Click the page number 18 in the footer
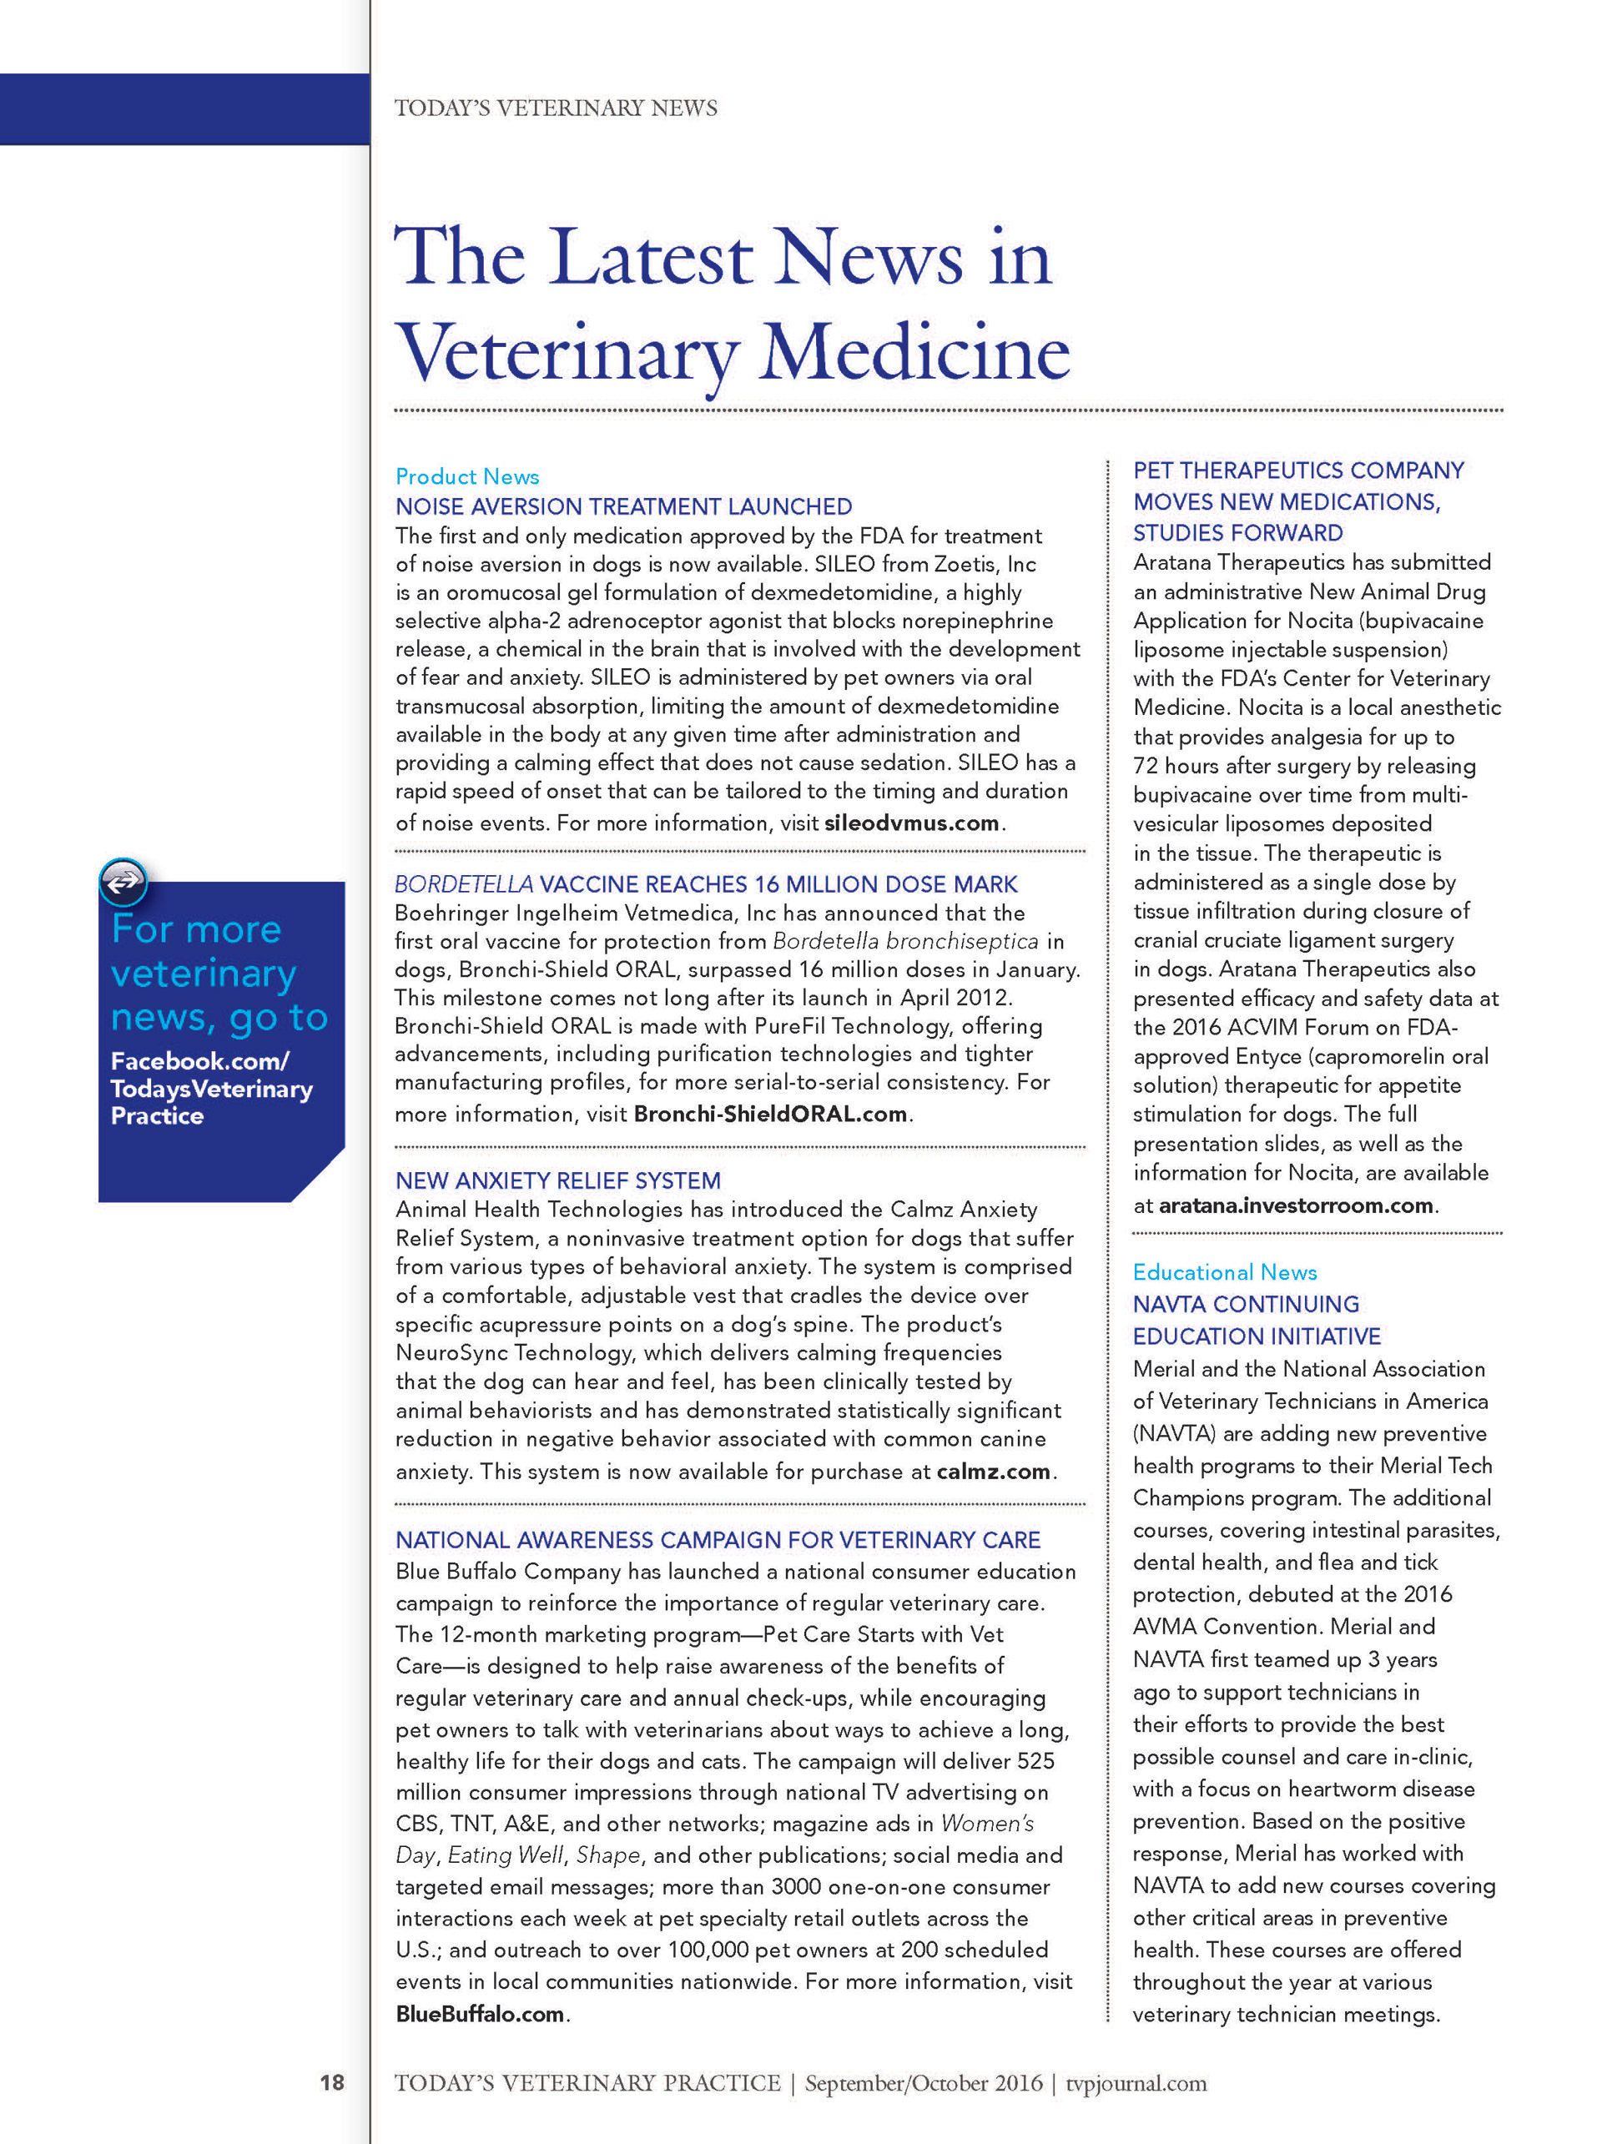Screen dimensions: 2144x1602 [x=331, y=2082]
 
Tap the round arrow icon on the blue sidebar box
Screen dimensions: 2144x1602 [x=123, y=882]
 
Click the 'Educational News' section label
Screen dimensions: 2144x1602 [x=1224, y=1271]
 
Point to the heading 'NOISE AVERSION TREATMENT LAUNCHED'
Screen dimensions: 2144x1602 [x=623, y=506]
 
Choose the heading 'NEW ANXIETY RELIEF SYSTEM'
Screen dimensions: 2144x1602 [x=557, y=1180]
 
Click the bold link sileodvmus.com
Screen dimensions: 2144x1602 [x=911, y=823]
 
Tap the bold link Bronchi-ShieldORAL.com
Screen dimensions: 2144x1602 [x=770, y=1114]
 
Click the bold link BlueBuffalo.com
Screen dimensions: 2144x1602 [x=480, y=2014]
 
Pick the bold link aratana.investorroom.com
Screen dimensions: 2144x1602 [x=1296, y=1205]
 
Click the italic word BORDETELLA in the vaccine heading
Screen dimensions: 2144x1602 [x=463, y=884]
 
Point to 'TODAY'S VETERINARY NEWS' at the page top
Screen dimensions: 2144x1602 [x=556, y=108]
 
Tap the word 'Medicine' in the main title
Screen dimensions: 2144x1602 [x=914, y=352]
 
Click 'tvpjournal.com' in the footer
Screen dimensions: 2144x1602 [x=1136, y=2083]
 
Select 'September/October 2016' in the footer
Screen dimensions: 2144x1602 [x=923, y=2083]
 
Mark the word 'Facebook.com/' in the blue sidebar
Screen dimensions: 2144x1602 [x=199, y=1061]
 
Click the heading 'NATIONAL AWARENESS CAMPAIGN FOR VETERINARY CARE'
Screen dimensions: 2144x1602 [x=718, y=1540]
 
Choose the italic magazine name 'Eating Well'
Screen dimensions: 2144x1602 [x=505, y=1855]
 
